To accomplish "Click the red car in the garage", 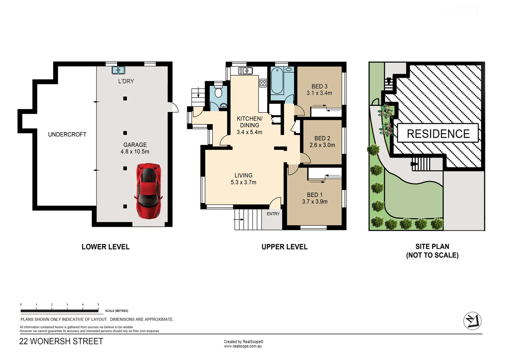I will point(148,190).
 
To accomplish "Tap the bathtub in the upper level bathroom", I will point(277,81).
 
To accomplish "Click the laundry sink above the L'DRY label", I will point(118,70).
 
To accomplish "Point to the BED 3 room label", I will point(319,86).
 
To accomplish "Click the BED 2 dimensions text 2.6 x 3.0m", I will point(322,145).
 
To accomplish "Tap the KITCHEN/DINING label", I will point(249,122).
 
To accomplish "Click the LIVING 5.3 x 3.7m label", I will point(243,179).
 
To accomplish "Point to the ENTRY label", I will point(273,214).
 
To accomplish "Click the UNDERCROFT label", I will point(67,134).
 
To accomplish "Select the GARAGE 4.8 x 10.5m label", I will point(135,148).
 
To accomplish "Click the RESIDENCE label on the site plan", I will point(438,134).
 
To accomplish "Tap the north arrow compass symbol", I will point(472,321).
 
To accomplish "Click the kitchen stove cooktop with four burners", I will point(263,83).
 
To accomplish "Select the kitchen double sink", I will point(245,71).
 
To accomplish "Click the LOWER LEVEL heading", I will point(105,247).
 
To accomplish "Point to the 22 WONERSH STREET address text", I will point(61,341).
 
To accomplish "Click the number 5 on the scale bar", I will point(98,305).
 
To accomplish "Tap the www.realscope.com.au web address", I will point(243,346).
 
